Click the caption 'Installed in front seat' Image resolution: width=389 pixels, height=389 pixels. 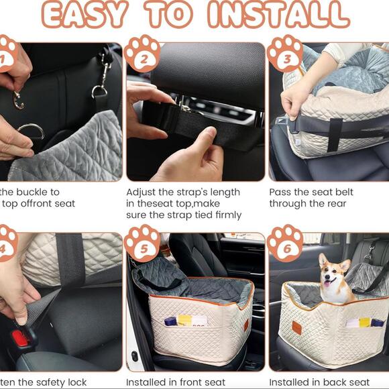(176, 382)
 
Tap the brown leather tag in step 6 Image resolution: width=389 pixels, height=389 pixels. (296, 327)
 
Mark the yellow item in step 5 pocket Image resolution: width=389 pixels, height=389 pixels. (183, 321)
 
